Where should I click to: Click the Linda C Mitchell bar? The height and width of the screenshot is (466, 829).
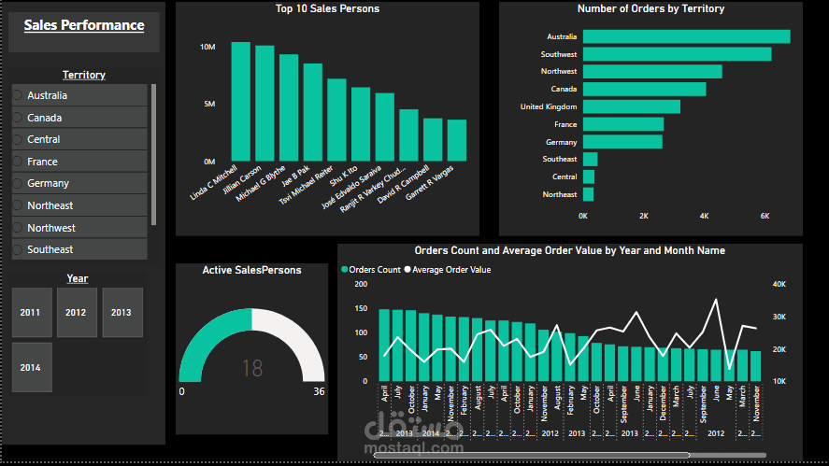240,102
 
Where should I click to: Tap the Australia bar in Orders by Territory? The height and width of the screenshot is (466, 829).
686,36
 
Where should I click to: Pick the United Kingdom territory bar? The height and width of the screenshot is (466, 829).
631,106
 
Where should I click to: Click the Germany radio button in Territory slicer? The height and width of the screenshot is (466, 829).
17,184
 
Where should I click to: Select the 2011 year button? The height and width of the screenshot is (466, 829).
30,312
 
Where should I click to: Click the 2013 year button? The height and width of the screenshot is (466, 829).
121,312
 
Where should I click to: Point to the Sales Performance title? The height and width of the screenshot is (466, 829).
84,25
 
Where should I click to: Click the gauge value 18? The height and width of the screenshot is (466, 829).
252,368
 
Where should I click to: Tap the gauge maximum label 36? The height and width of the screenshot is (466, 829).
319,391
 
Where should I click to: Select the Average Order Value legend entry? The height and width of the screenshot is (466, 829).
450,270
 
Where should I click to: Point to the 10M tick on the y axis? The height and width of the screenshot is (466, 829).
208,47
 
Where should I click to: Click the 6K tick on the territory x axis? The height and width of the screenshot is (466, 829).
764,216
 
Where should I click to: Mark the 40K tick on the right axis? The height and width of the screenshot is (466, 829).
779,285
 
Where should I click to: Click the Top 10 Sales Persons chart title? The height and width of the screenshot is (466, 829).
327,9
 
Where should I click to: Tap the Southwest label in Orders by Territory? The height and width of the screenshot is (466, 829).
559,54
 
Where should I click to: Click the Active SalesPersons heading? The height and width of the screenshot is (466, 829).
251,270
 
